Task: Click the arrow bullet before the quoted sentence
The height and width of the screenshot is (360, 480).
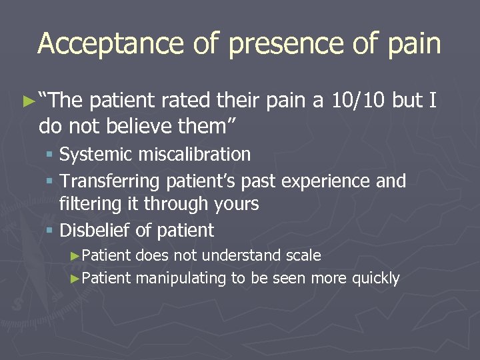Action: pyautogui.click(x=27, y=101)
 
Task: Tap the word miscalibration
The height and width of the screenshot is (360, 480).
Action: pyautogui.click(x=195, y=155)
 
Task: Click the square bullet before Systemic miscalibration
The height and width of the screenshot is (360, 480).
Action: pyautogui.click(x=51, y=155)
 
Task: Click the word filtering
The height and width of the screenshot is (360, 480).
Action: pyautogui.click(x=87, y=203)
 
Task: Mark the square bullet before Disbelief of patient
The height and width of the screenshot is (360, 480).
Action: pyautogui.click(x=51, y=231)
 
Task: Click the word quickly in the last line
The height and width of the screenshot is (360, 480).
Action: pyautogui.click(x=376, y=278)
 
